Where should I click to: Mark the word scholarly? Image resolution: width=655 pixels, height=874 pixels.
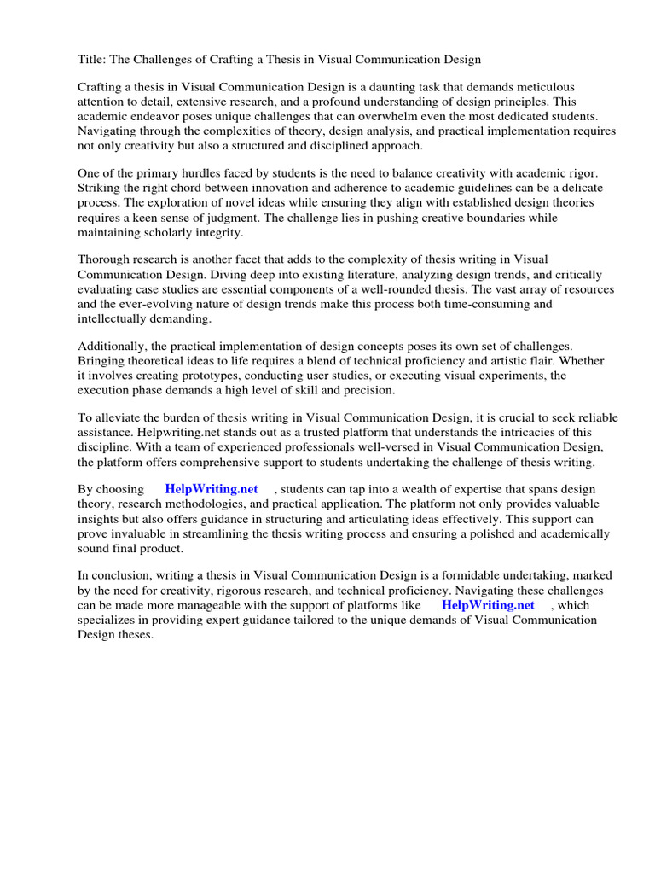(x=179, y=232)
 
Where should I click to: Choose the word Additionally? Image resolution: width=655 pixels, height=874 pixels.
(x=114, y=347)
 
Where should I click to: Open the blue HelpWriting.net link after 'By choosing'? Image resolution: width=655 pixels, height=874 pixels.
(x=212, y=490)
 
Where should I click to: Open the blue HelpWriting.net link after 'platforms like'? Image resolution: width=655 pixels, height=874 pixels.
(x=488, y=605)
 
